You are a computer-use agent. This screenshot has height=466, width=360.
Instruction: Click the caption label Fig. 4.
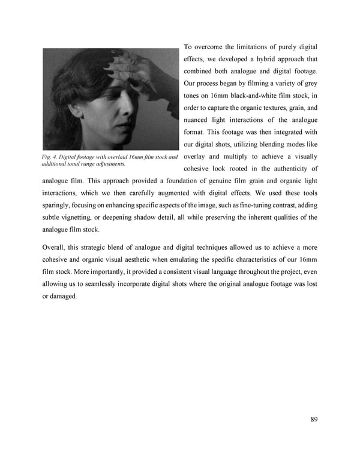click(50, 157)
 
